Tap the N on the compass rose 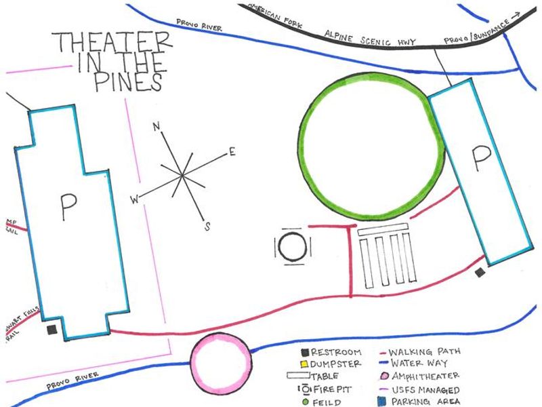pyautogui.click(x=156, y=127)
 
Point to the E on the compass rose pyautogui.click(x=232, y=152)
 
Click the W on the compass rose pyautogui.click(x=135, y=199)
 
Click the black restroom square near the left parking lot pyautogui.click(x=51, y=330)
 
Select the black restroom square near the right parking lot pyautogui.click(x=480, y=273)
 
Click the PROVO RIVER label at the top pyautogui.click(x=200, y=25)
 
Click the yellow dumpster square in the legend pyautogui.click(x=304, y=364)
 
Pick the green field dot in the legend pyautogui.click(x=304, y=402)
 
